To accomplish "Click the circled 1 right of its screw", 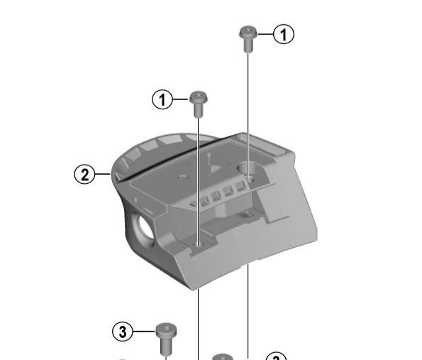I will (284, 34).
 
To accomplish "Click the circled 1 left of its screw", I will (163, 100).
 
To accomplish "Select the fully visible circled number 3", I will (123, 331).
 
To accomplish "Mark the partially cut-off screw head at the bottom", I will (223, 356).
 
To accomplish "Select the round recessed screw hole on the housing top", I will (250, 170).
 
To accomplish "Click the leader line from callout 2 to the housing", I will (104, 173).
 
